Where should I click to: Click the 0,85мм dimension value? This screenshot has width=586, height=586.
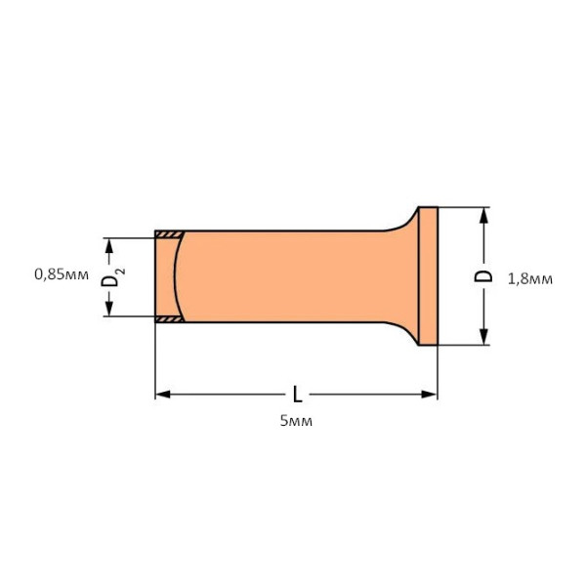click(62, 274)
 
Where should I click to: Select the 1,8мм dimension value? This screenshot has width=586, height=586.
click(530, 279)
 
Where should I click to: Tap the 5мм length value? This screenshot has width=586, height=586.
click(296, 421)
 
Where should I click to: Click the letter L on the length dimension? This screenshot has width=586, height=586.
click(298, 395)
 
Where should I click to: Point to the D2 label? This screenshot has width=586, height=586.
click(112, 277)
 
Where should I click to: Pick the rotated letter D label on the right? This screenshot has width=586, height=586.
click(483, 275)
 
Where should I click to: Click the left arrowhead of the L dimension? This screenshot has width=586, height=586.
click(162, 395)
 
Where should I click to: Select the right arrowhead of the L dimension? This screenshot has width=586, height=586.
click(429, 395)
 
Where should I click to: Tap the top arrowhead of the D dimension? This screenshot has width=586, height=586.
click(483, 215)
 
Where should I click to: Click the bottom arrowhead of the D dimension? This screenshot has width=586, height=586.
click(483, 336)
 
